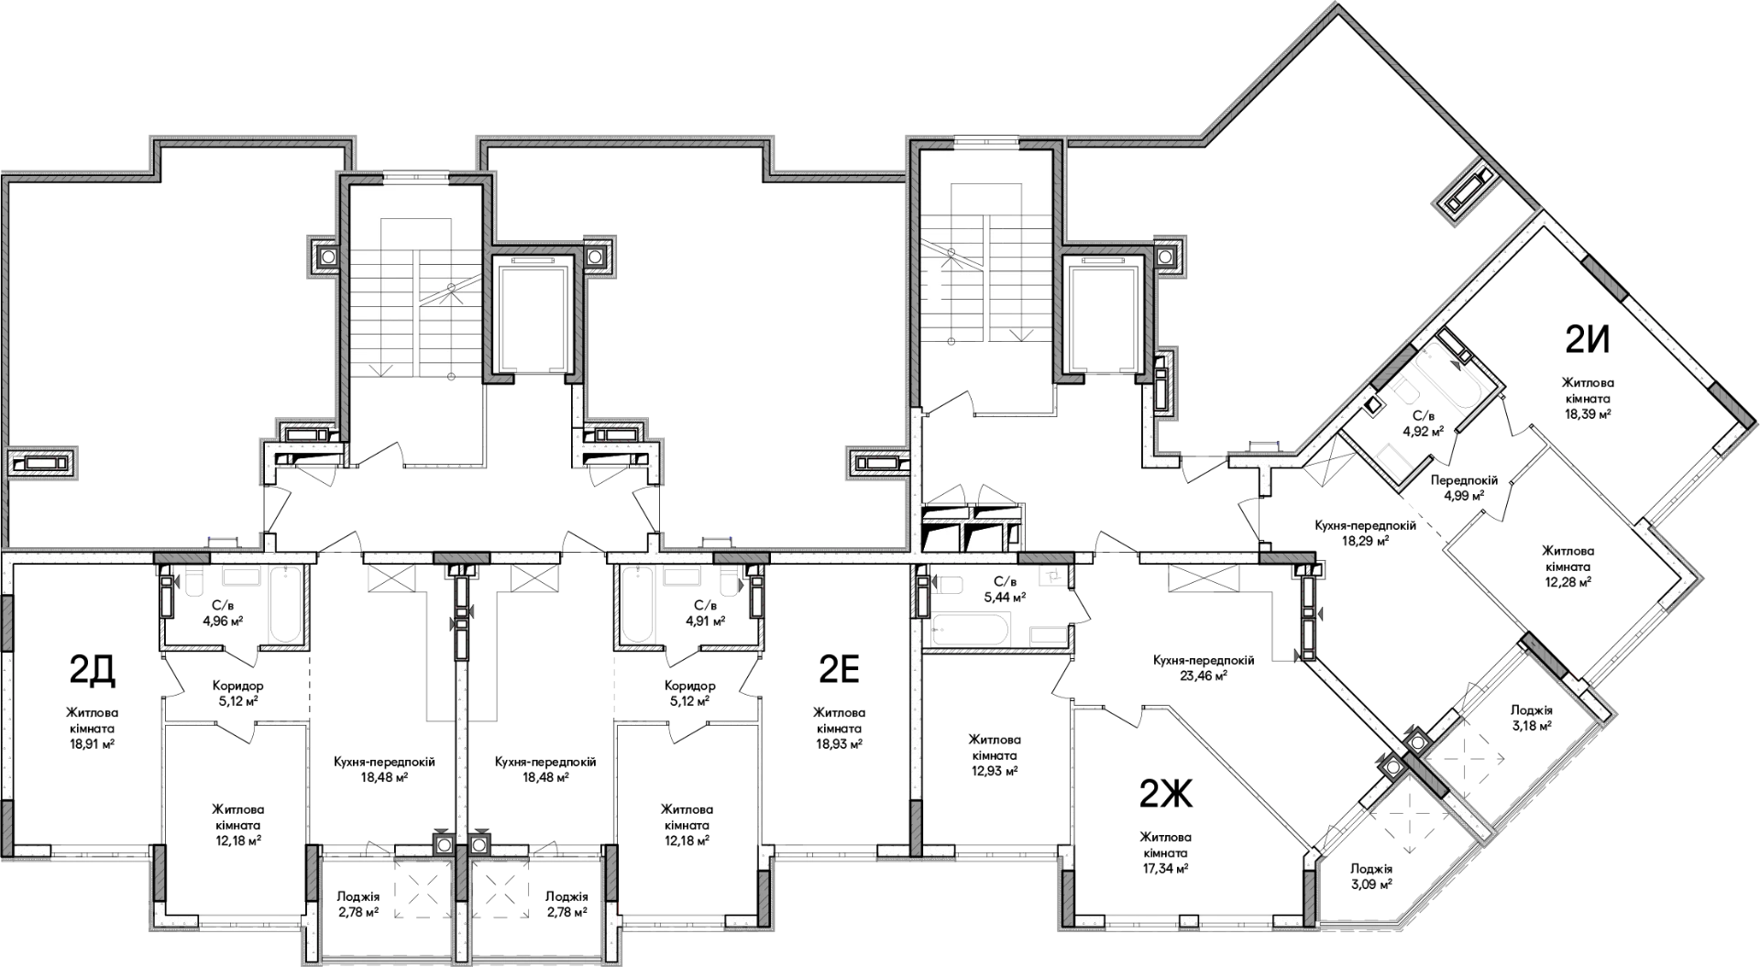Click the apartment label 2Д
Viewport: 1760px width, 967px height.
point(92,671)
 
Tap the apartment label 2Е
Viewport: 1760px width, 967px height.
point(838,671)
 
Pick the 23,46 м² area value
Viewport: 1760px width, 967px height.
point(1204,675)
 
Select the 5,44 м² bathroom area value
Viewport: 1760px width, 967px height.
point(1005,596)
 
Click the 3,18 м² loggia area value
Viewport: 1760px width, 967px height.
point(1531,726)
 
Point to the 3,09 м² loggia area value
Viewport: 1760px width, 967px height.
point(1372,885)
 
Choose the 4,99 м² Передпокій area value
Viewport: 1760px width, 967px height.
point(1464,495)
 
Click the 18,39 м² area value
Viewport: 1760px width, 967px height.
point(1589,413)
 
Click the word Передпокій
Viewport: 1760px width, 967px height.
point(1464,480)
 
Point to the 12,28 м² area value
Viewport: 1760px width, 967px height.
point(1567,581)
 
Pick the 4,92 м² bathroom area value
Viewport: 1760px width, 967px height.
point(1424,428)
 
